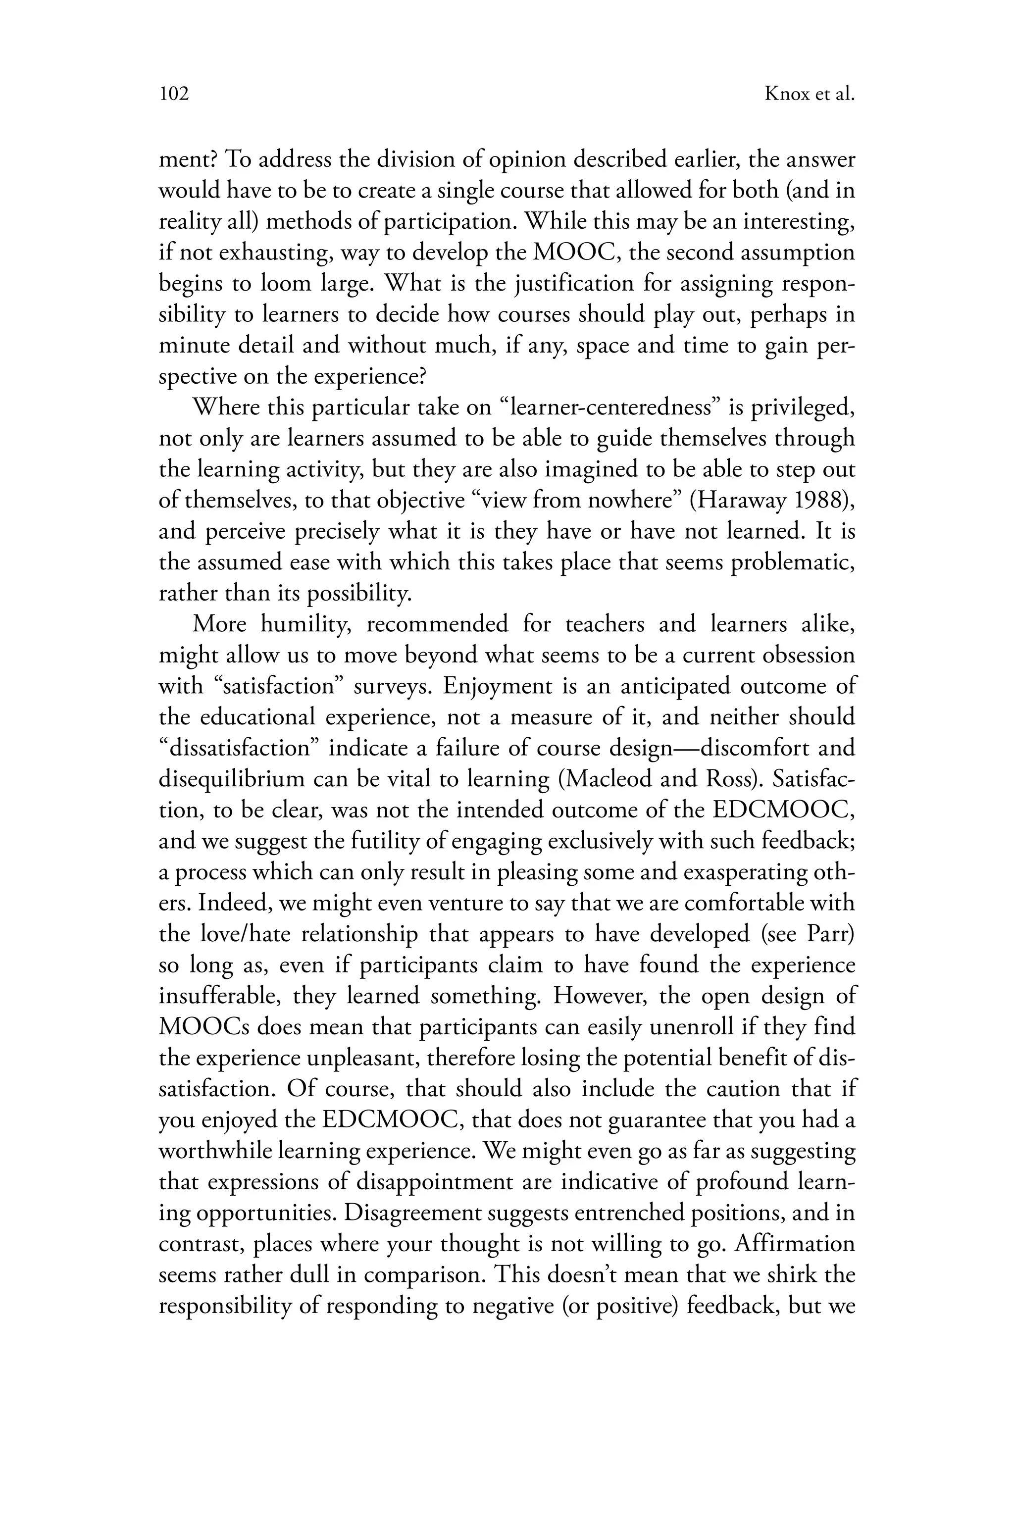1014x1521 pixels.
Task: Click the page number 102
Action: (173, 95)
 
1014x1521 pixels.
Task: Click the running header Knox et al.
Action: (809, 95)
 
